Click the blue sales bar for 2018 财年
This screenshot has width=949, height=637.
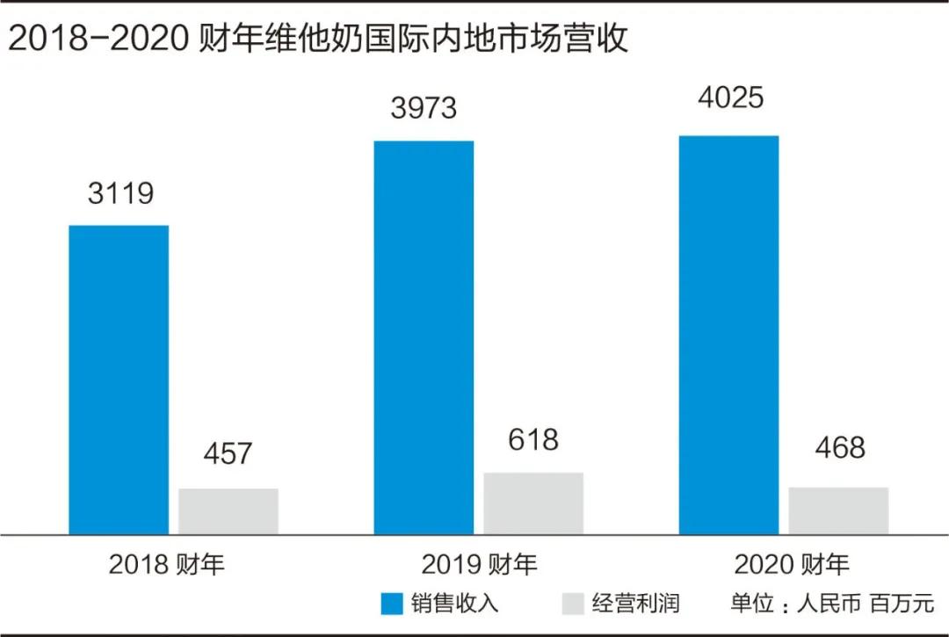119,380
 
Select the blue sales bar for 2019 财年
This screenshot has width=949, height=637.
424,337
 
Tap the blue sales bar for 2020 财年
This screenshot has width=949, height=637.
728,335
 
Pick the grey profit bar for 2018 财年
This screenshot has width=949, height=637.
228,511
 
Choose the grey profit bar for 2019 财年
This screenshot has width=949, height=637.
533,503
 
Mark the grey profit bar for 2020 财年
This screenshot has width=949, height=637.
838,510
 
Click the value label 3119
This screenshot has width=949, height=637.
120,192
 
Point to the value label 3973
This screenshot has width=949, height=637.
424,107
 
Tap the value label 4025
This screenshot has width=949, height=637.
729,98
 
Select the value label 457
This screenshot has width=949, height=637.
228,453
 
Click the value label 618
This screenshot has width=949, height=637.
533,439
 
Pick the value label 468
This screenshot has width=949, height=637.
838,446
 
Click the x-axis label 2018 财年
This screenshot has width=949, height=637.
167,564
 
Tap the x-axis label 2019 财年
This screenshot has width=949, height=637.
479,564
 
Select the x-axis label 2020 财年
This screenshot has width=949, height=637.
792,564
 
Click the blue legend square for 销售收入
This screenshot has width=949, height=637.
391,604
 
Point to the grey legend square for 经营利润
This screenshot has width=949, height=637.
572,604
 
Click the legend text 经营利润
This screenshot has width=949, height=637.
635,604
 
